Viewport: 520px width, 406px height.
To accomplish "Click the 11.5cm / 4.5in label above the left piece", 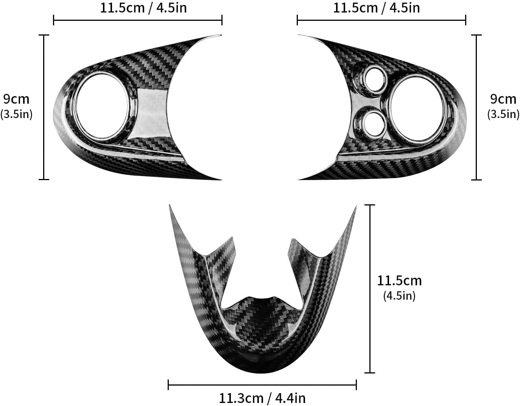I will pyautogui.click(x=143, y=8).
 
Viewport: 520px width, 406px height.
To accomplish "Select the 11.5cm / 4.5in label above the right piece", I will pyautogui.click(x=376, y=8).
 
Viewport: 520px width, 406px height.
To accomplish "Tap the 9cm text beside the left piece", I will pyautogui.click(x=16, y=99).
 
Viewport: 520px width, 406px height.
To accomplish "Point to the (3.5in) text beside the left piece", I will pyautogui.click(x=16, y=114).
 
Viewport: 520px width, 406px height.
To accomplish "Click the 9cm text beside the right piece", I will pyautogui.click(x=503, y=99).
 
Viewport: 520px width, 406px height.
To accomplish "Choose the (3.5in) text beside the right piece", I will pyautogui.click(x=503, y=114).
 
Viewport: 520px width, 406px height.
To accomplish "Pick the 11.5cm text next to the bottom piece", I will pyautogui.click(x=399, y=280).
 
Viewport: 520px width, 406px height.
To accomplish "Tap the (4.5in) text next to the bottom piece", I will pyautogui.click(x=399, y=296).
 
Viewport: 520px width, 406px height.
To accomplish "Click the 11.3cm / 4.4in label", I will pyautogui.click(x=262, y=398).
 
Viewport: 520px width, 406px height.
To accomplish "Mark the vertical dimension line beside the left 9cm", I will pyautogui.click(x=44, y=107).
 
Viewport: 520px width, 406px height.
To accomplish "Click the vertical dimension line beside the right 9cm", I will pyautogui.click(x=476, y=107).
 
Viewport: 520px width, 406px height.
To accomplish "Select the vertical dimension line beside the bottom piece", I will pyautogui.click(x=370, y=288).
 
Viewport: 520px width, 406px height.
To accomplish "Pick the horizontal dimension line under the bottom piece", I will pyautogui.click(x=262, y=385).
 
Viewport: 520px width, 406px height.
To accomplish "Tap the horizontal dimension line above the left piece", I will pyautogui.click(x=137, y=20).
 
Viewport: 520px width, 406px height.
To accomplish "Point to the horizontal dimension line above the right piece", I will pyautogui.click(x=381, y=20).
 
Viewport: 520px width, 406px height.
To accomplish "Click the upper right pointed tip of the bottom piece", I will pyautogui.click(x=356, y=207).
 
